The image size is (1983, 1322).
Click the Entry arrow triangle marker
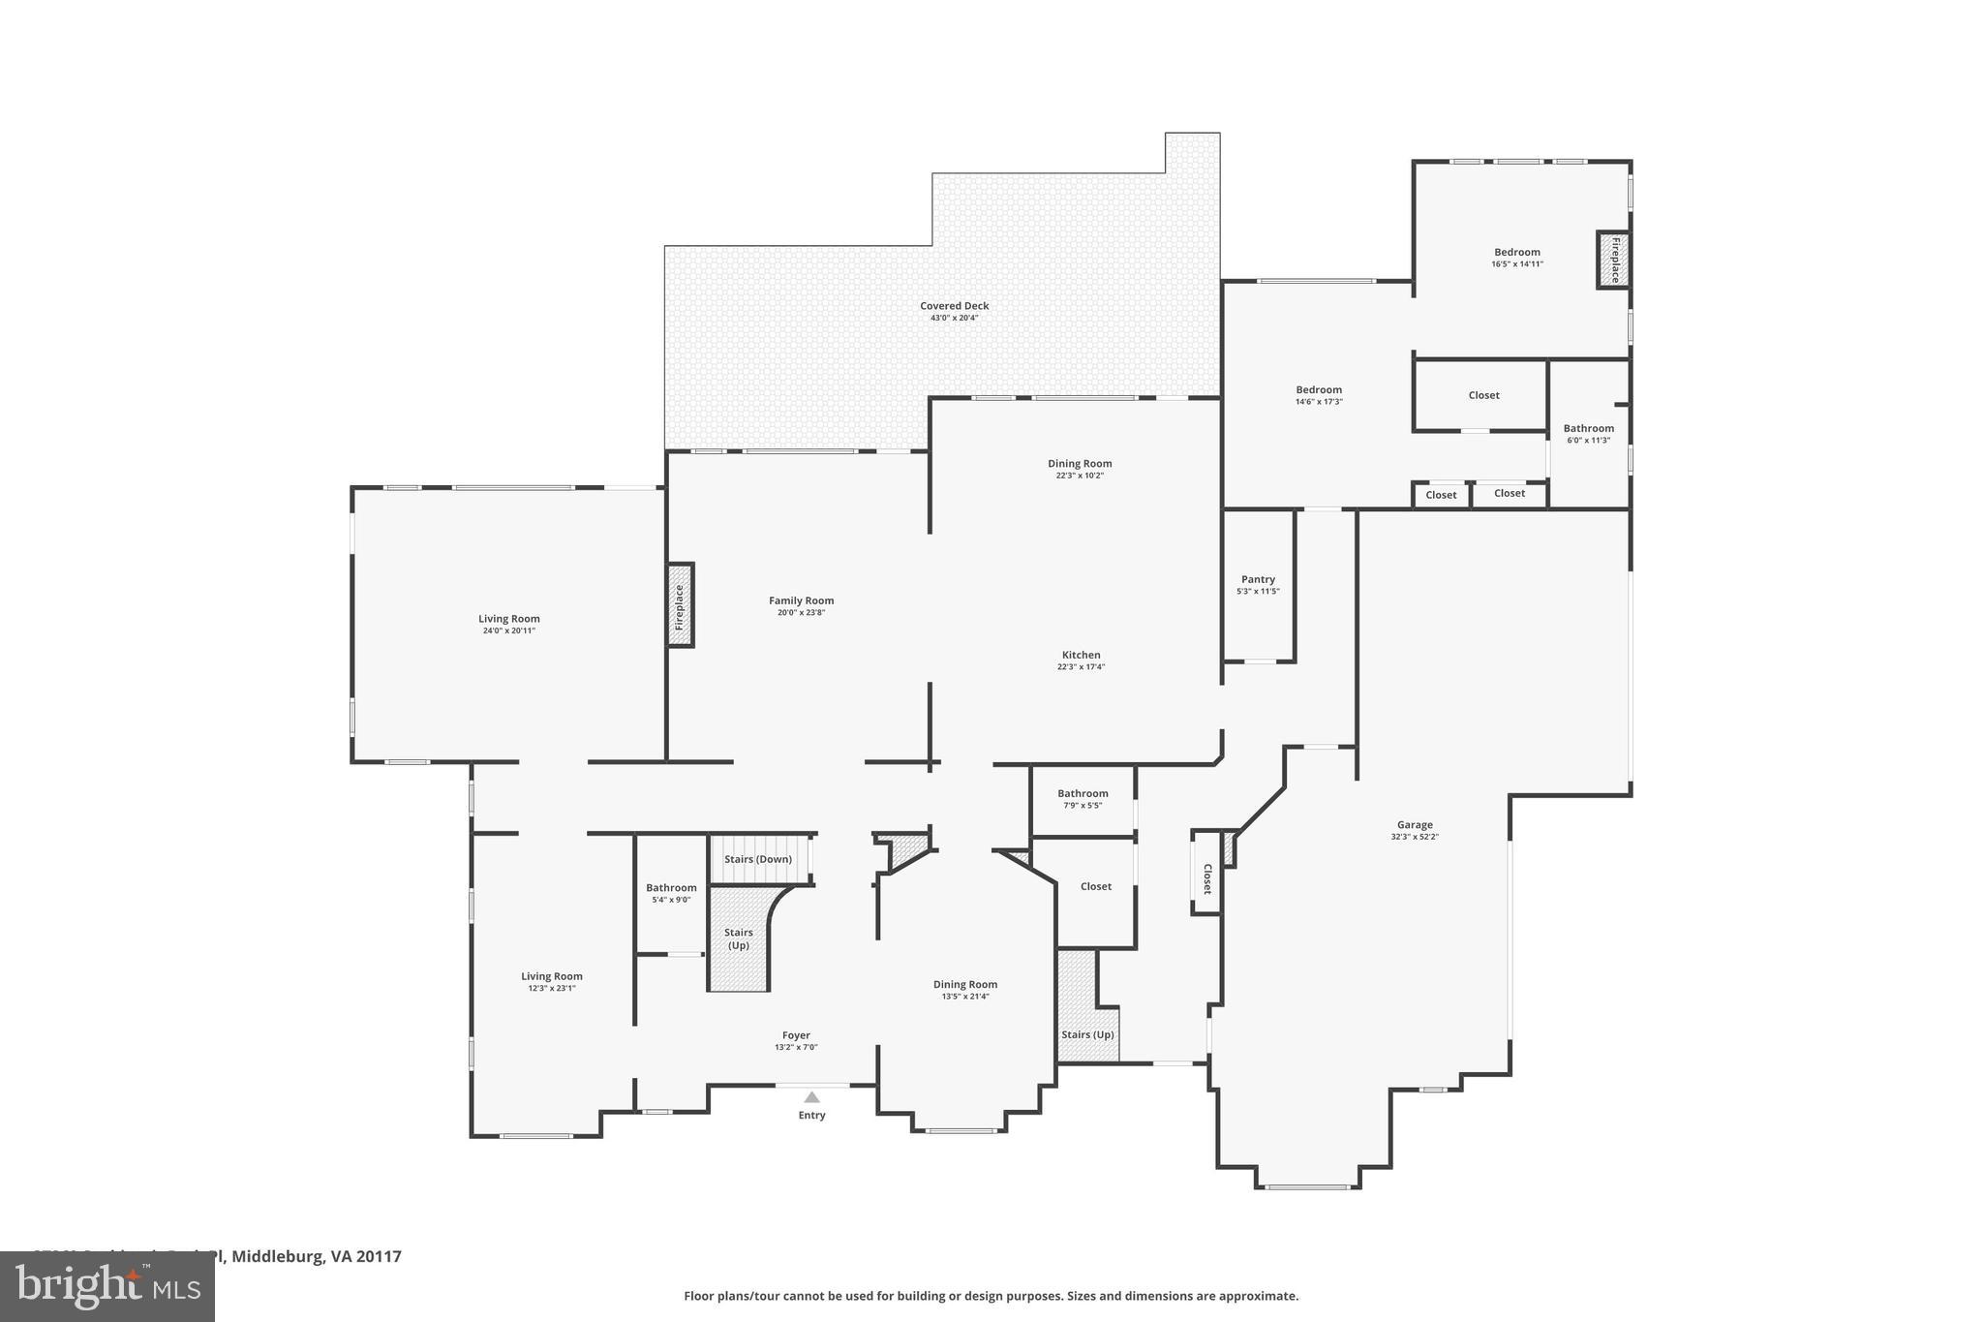tap(811, 1097)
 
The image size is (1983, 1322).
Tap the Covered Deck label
tap(954, 306)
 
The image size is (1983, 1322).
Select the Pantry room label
tap(1258, 579)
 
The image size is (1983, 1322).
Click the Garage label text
tap(1415, 825)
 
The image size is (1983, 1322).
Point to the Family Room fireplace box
tap(680, 605)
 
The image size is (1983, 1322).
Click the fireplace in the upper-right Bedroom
tap(1613, 260)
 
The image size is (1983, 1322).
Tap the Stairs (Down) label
tap(758, 859)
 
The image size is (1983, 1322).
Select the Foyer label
tap(796, 1035)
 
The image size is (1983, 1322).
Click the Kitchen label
tap(1081, 655)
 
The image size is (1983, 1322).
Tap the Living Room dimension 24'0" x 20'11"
tap(509, 630)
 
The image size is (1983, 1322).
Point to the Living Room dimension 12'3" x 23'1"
tap(552, 989)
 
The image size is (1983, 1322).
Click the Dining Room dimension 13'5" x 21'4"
tap(965, 997)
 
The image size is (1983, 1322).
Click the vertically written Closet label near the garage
tap(1206, 878)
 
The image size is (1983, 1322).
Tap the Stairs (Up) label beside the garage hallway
tap(1087, 1034)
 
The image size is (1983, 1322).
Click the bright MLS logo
tap(107, 1287)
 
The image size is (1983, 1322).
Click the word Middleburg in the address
tap(277, 1256)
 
